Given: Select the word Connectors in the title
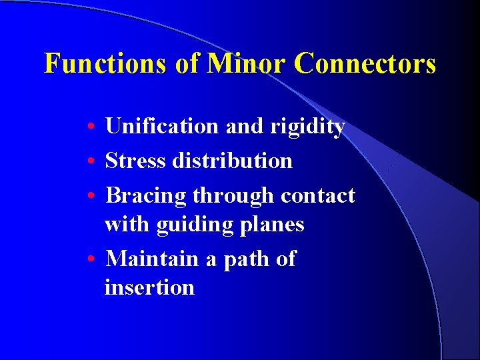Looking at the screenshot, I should (x=365, y=64).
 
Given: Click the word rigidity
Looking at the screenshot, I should (x=307, y=126).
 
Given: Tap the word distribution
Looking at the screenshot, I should (x=233, y=161).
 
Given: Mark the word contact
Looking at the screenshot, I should (x=318, y=195).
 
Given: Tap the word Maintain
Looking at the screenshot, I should (x=153, y=258).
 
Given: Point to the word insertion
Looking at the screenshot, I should (x=149, y=287).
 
